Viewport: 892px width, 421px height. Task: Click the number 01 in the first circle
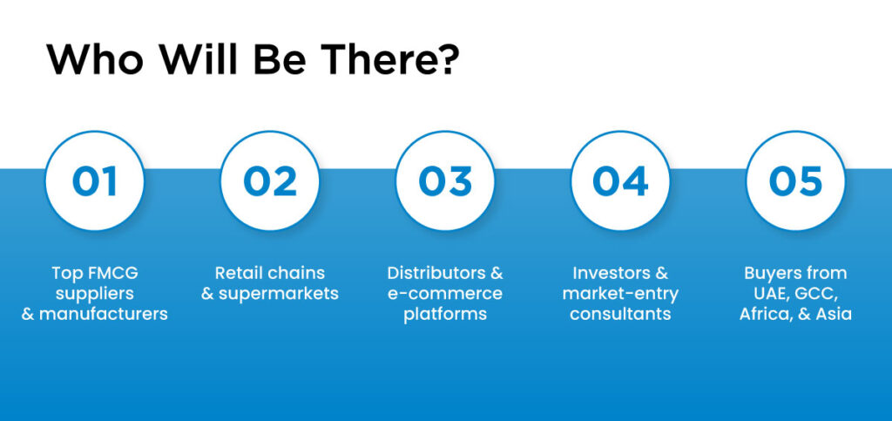(94, 180)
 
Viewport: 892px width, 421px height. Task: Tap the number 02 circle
(269, 180)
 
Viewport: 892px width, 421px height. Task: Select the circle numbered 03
(445, 180)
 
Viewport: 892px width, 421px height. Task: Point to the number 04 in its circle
(620, 180)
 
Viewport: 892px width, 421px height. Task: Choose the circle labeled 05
(795, 180)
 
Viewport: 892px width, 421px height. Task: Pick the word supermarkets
(278, 294)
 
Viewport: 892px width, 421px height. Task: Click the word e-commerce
(445, 294)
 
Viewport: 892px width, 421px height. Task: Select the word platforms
(445, 314)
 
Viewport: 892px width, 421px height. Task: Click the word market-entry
(620, 294)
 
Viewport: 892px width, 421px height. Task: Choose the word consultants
(620, 314)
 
